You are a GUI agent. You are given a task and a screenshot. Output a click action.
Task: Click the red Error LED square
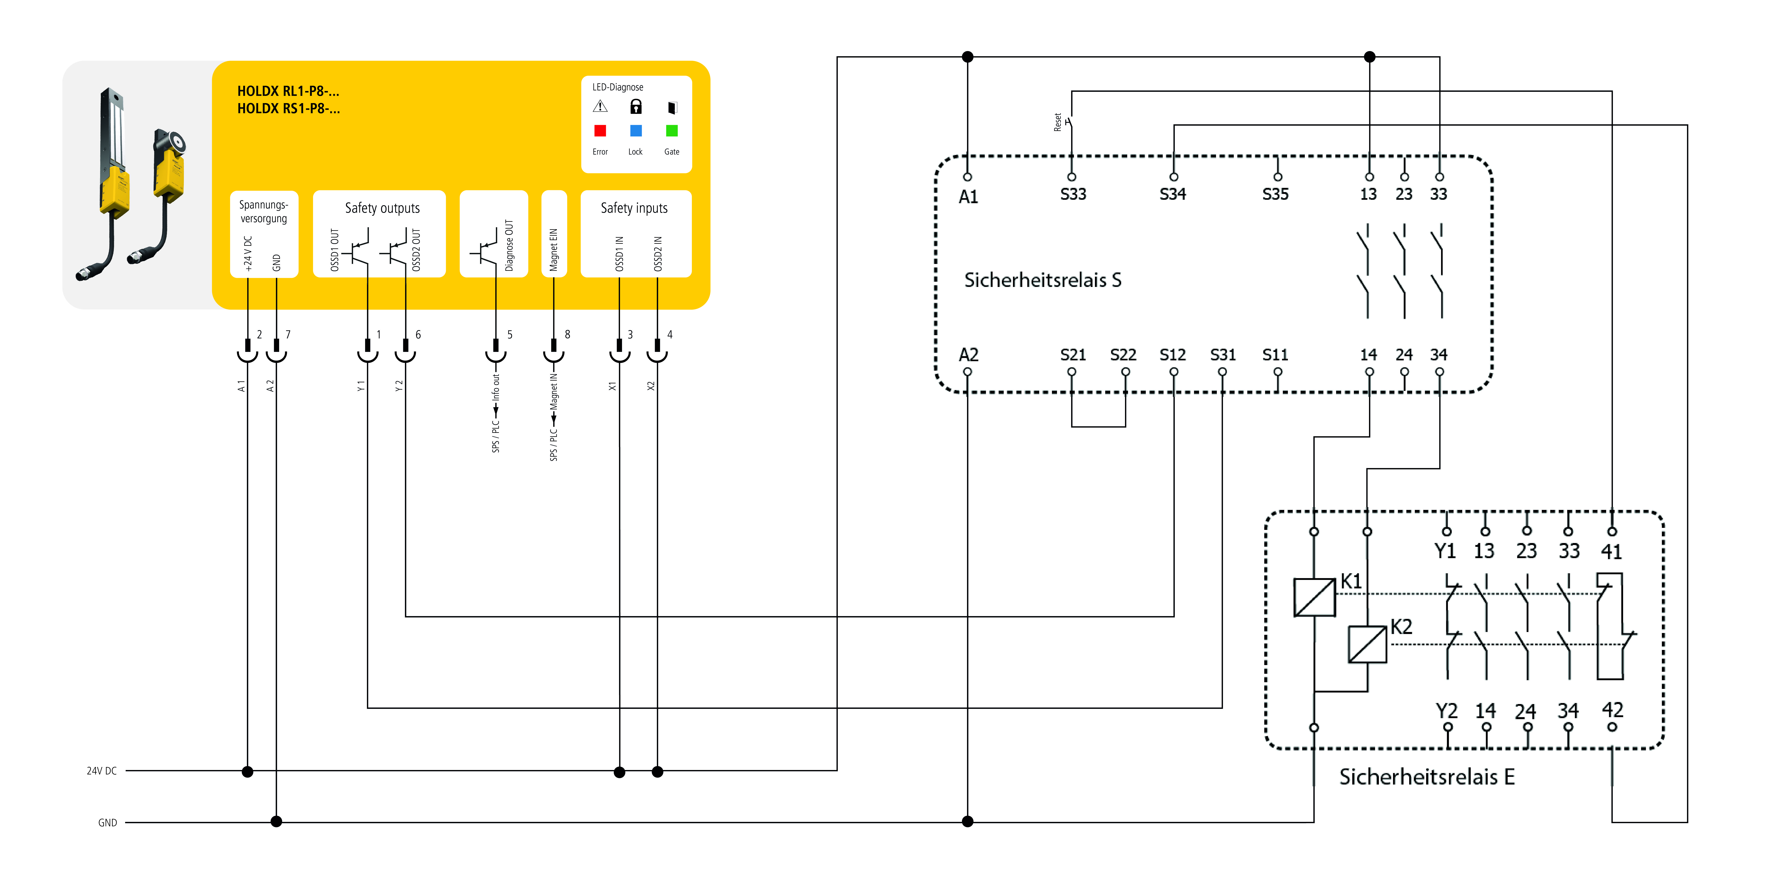tap(600, 130)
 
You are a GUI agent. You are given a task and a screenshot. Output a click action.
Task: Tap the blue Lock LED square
tap(636, 130)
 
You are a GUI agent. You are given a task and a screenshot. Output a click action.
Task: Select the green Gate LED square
tap(672, 130)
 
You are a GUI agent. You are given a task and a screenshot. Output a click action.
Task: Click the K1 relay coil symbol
tap(1314, 597)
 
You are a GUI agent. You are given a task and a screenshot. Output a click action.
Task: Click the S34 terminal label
tap(1172, 195)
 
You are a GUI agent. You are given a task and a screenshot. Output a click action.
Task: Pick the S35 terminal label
tap(1275, 195)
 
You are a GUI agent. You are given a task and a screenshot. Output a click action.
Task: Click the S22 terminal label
tap(1123, 355)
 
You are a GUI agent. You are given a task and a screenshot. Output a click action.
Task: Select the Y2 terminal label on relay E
tap(1447, 711)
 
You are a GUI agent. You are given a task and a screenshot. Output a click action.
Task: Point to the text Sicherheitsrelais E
tap(1427, 777)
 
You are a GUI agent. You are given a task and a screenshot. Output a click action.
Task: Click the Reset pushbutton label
tap(1058, 123)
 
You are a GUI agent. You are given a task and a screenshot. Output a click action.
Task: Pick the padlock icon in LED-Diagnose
tap(636, 107)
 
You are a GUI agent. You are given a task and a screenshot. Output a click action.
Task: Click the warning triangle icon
tap(600, 107)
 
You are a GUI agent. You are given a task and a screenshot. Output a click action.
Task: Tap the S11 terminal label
tap(1275, 355)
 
